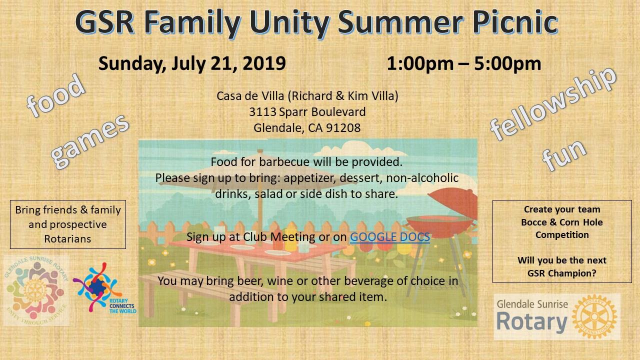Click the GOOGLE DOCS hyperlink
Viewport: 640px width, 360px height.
pos(389,237)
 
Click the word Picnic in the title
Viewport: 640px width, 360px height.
pos(515,22)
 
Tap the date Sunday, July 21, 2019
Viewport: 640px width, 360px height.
pos(192,63)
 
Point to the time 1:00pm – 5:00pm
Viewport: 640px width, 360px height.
pos(463,63)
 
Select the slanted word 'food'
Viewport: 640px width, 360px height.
pos(56,95)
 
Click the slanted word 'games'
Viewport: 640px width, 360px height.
pos(90,141)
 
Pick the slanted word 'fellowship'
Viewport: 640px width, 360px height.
pos(552,104)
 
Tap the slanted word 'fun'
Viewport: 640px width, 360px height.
pos(564,155)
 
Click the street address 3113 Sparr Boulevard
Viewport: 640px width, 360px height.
pos(307,111)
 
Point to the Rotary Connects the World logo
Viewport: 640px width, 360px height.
pos(104,288)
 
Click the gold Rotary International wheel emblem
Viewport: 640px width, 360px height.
pos(594,316)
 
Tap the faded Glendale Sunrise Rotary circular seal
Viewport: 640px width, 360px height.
pos(36,290)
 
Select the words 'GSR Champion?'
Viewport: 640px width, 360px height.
pos(561,273)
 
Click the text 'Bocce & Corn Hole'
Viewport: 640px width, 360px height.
pos(561,222)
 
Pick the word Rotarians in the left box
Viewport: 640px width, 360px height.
pos(67,239)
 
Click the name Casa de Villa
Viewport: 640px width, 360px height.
pos(250,96)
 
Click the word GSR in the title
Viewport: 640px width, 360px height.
pos(105,22)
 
